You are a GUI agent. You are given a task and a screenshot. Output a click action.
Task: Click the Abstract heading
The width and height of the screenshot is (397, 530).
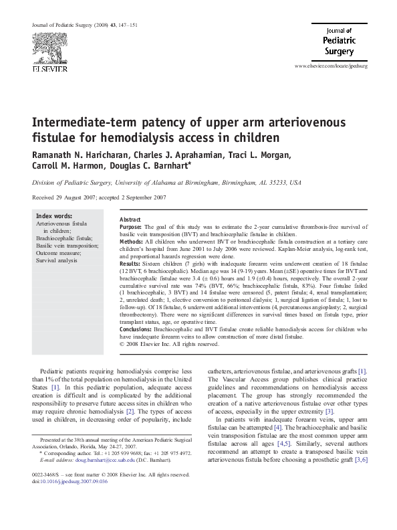tap(130, 220)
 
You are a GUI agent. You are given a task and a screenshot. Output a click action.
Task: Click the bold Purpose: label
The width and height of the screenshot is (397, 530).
tap(132, 228)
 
